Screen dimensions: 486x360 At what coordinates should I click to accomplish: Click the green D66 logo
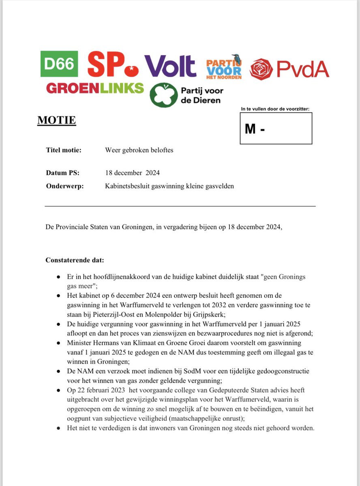point(59,64)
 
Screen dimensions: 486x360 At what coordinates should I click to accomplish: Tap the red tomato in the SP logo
point(132,71)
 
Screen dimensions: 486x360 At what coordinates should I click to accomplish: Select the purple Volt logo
point(170,66)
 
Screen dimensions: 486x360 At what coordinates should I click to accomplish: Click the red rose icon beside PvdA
point(261,69)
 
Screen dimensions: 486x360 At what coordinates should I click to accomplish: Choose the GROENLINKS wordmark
point(95,88)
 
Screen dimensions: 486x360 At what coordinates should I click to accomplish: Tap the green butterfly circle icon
point(163,95)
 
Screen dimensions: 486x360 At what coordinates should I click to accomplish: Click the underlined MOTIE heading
point(56,120)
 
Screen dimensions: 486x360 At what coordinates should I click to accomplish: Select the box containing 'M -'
point(276,128)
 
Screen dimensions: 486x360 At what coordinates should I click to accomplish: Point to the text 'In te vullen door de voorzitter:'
point(275,109)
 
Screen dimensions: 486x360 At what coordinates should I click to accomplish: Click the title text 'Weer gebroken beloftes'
point(139,150)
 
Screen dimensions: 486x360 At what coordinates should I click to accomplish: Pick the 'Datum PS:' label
point(63,173)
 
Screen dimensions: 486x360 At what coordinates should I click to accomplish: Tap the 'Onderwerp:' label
point(64,186)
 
